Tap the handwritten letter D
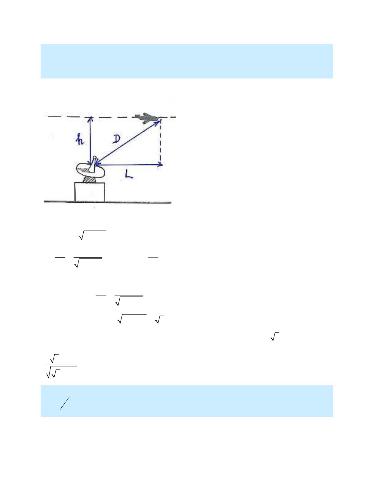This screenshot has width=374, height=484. click(116, 139)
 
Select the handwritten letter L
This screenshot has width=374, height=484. click(129, 174)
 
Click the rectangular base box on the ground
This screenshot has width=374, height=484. click(89, 192)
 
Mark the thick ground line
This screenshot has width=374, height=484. click(107, 202)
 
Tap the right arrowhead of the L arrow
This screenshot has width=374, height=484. click(160, 165)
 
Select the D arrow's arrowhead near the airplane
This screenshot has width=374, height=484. click(158, 122)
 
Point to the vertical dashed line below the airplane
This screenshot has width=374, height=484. click(161, 142)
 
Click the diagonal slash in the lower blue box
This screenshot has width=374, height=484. click(65, 403)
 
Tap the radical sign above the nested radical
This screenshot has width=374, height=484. click(54, 358)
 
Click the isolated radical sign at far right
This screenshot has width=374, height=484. click(274, 337)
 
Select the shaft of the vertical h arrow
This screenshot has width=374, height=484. click(91, 140)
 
